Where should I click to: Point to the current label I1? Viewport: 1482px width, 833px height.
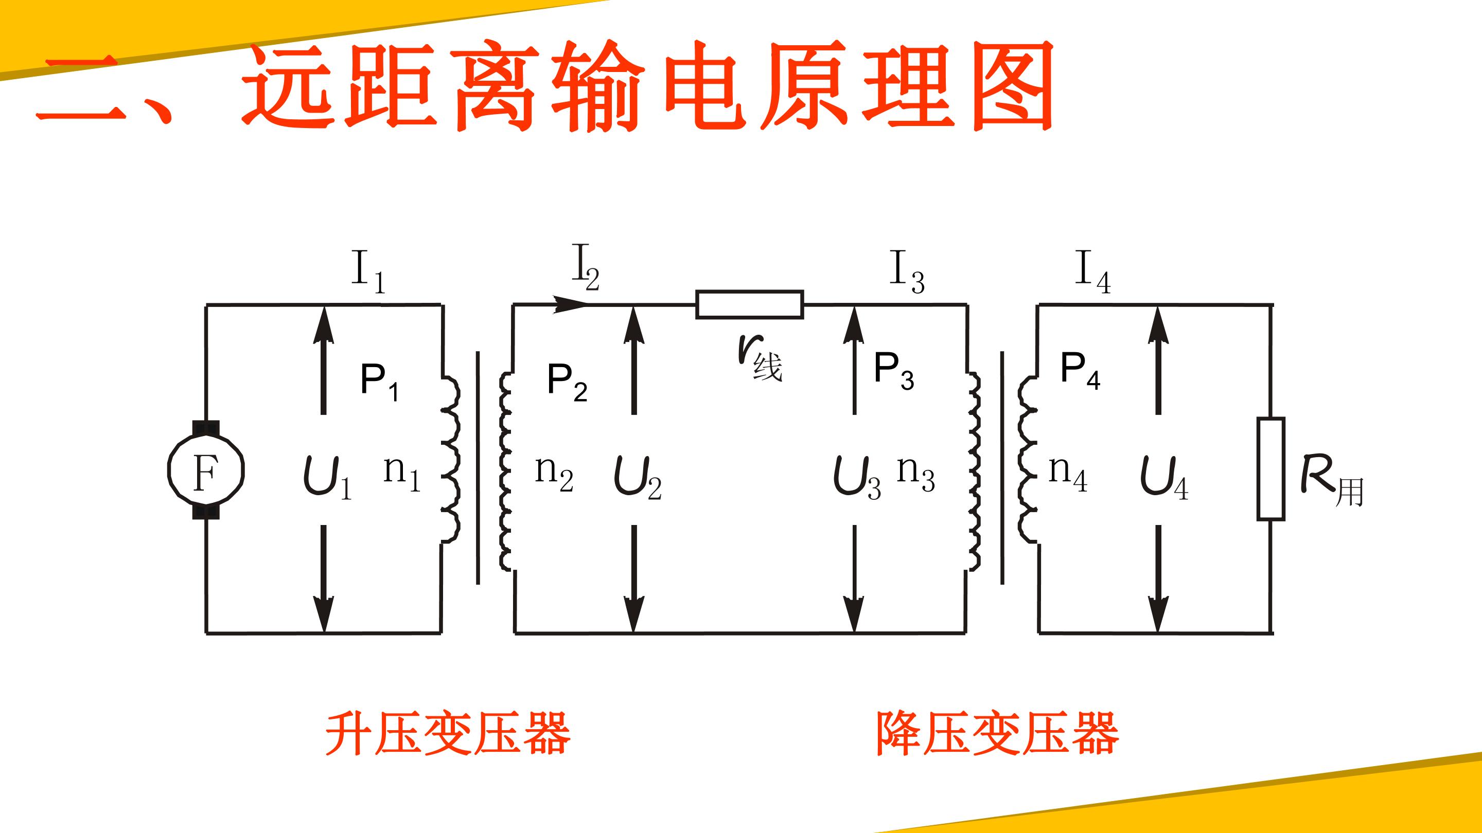pyautogui.click(x=368, y=272)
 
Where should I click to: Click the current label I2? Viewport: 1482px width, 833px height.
pyautogui.click(x=586, y=267)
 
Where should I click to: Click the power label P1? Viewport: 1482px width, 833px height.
pyautogui.click(x=379, y=382)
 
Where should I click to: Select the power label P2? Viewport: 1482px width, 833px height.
pyautogui.click(x=567, y=382)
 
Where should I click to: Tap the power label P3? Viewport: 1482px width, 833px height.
pyautogui.click(x=894, y=371)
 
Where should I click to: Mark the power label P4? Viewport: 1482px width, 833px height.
pyautogui.click(x=1080, y=371)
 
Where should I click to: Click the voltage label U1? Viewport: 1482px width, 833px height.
pyautogui.click(x=327, y=478)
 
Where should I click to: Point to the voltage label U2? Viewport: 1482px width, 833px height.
pyautogui.click(x=638, y=478)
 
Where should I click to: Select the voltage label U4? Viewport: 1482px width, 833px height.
pyautogui.click(x=1164, y=478)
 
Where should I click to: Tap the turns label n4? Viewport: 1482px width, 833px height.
pyautogui.click(x=1068, y=474)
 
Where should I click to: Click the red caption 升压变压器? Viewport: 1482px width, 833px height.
pyautogui.click(x=448, y=734)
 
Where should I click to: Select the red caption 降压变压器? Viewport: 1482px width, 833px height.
pyautogui.click(x=997, y=734)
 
